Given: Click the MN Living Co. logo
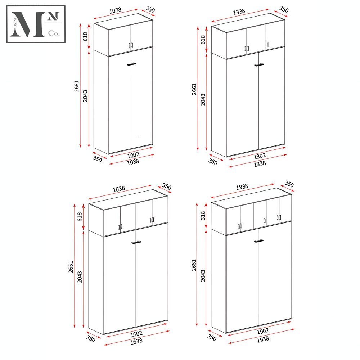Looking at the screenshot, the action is coord(36,24).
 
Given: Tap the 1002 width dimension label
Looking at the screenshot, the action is coord(134,155).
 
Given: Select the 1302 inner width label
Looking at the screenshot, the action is coord(260,157).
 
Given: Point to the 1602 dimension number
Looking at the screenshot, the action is coord(136,334).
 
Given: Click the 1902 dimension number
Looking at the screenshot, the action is coord(263,331).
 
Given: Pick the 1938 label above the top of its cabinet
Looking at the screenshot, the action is coord(242,186).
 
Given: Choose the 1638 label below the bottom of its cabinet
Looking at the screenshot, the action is coord(136,341).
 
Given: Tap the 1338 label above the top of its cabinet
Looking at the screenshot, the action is coord(239,12).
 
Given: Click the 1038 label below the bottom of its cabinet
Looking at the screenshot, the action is coord(133,162).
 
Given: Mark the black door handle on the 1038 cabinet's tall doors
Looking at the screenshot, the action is coord(131,64).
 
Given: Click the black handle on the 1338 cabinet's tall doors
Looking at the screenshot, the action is coord(259,65).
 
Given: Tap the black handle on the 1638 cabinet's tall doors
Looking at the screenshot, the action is coord(136,242).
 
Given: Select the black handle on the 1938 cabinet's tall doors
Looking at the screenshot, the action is coord(259,241).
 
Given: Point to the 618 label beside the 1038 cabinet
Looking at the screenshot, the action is coord(85,36).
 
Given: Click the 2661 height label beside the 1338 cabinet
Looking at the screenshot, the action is coord(194,89).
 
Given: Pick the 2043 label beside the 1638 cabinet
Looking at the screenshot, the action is coord(80,277).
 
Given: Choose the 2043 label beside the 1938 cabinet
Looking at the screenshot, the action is coord(203,276).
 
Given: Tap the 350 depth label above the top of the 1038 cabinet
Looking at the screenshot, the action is coord(150,10).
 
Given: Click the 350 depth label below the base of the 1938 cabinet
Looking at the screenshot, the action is coord(212,338).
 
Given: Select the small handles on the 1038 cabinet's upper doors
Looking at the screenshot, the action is coord(131,45).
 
